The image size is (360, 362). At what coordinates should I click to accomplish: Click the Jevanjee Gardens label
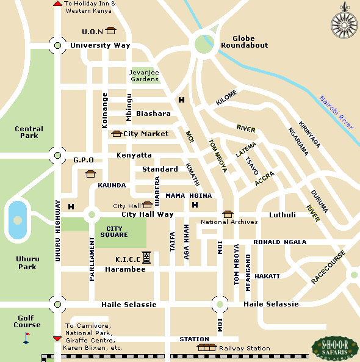144,75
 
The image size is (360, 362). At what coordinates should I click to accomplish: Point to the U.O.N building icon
110,30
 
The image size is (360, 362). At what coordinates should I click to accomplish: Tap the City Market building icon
117,134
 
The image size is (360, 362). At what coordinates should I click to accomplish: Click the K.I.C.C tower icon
146,258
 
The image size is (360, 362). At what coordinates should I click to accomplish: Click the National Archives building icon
228,214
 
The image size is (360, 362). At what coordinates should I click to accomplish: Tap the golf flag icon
26,338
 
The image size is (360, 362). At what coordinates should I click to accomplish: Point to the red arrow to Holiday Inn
57,4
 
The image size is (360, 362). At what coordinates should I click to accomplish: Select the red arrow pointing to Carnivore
57,338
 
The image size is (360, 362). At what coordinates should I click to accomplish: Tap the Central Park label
29,132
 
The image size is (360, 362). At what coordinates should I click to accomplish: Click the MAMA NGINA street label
189,195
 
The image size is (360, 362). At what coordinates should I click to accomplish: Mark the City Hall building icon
147,205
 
